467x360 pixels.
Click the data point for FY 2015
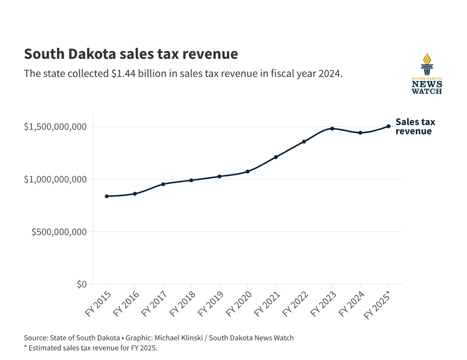[x=107, y=196]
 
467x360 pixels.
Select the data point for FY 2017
[x=163, y=184]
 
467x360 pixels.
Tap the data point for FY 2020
[x=247, y=172]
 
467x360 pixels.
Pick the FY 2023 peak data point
[x=332, y=129]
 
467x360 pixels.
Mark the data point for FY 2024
[x=360, y=133]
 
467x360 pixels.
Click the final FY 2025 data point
[x=389, y=126]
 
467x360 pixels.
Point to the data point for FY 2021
[x=276, y=157]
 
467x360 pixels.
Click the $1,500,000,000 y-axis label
[x=55, y=127]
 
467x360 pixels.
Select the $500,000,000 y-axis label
[x=59, y=232]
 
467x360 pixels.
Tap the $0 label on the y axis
[x=82, y=284]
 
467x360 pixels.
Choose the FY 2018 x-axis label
[x=182, y=304]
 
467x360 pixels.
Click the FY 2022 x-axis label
[x=295, y=304]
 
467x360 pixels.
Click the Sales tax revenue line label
[x=415, y=126]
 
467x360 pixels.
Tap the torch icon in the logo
[x=427, y=64]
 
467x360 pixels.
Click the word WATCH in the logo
[x=427, y=91]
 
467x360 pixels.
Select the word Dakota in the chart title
[x=92, y=54]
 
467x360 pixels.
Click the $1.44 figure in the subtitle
[x=124, y=74]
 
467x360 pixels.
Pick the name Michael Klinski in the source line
[x=178, y=338]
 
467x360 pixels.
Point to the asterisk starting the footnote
[x=25, y=347]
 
